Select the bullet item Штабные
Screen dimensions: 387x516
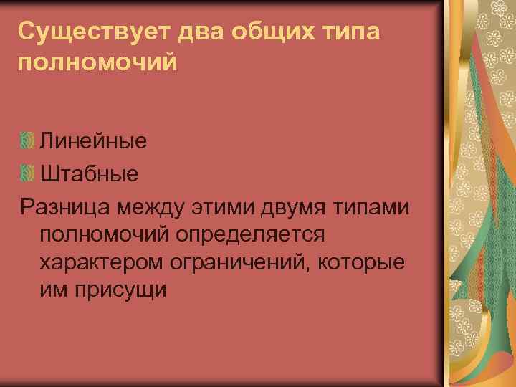click(x=90, y=173)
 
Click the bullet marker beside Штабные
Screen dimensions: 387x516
click(x=27, y=173)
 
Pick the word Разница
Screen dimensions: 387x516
click(x=65, y=207)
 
